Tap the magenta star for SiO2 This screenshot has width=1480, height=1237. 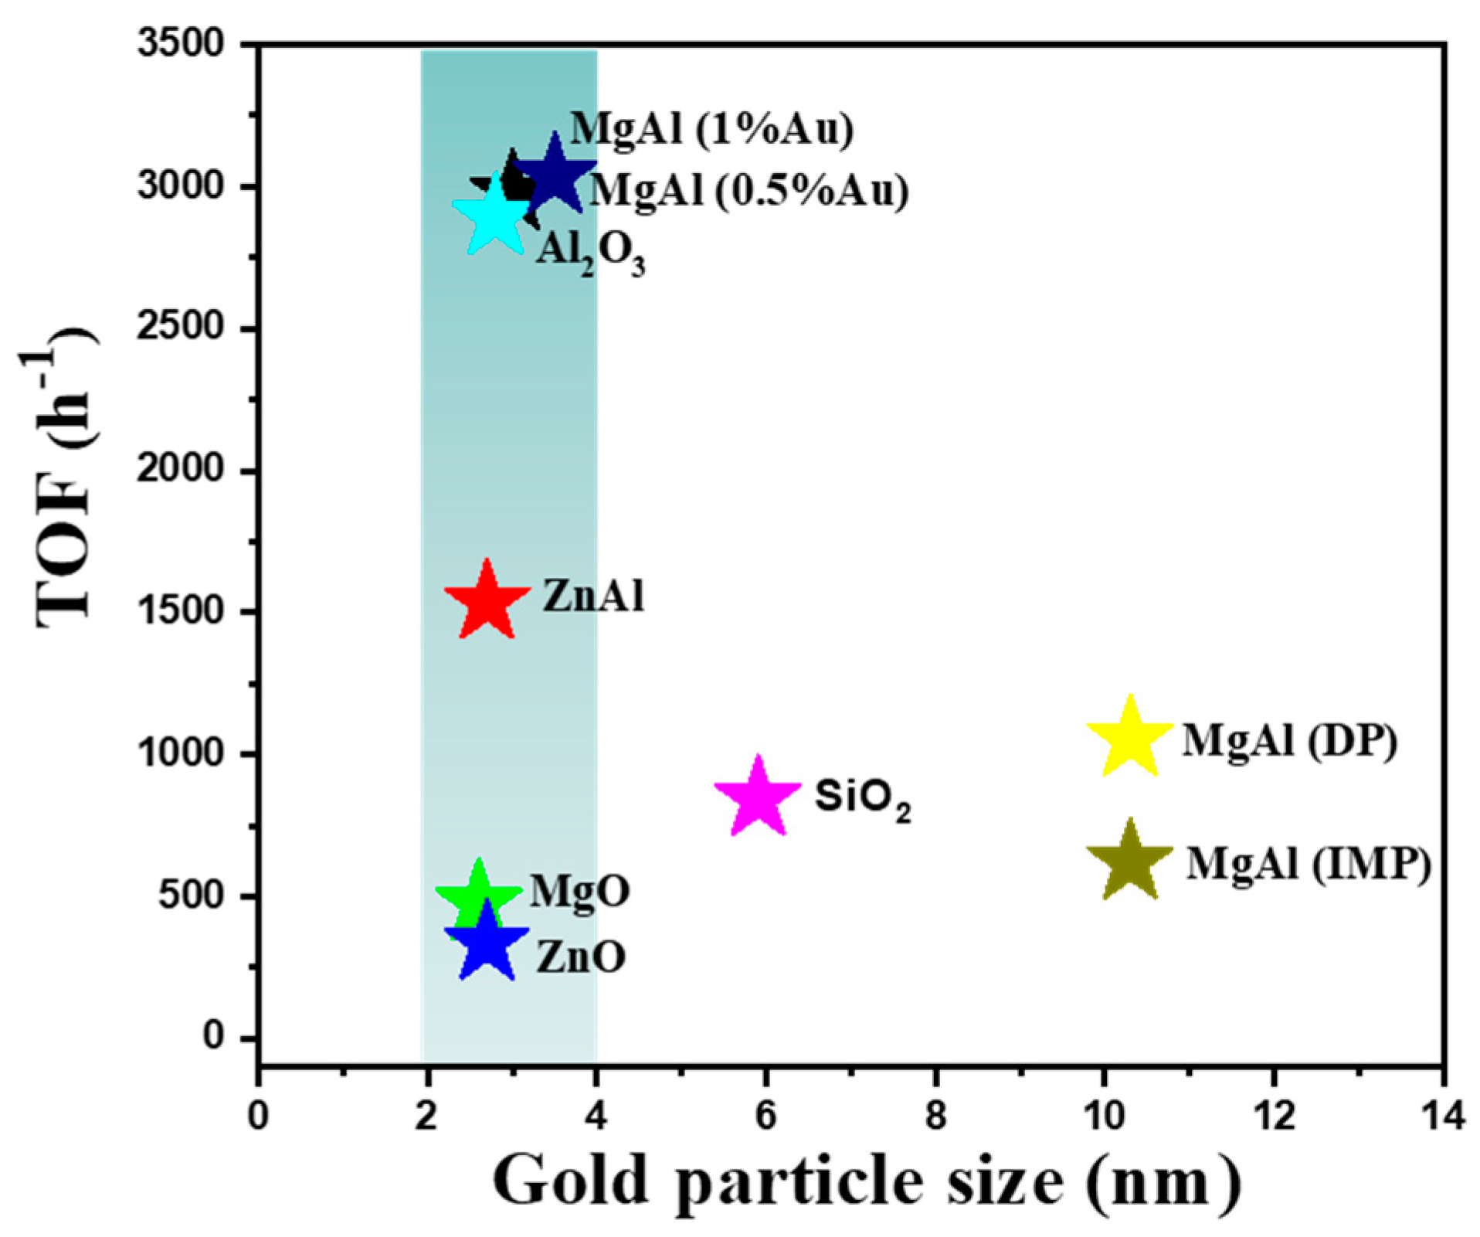[x=758, y=798]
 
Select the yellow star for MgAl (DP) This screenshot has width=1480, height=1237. [x=1129, y=739]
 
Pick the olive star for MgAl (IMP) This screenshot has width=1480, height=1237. [x=1129, y=862]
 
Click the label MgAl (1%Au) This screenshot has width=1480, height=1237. [x=711, y=128]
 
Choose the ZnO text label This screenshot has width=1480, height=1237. [x=581, y=957]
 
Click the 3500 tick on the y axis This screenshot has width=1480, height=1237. [x=180, y=44]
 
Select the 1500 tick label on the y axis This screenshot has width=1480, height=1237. [x=180, y=611]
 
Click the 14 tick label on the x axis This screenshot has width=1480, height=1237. [x=1441, y=1116]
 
